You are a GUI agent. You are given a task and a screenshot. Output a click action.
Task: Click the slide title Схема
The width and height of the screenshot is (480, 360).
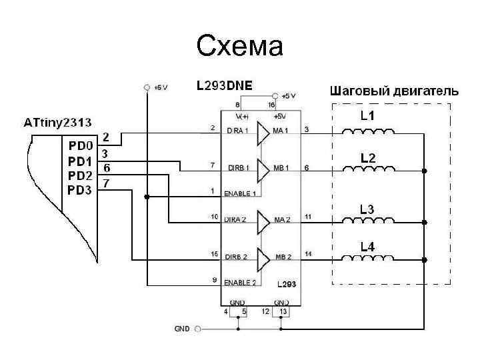(x=240, y=46)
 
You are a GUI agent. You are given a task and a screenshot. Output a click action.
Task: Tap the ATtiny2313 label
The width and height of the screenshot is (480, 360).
(x=57, y=123)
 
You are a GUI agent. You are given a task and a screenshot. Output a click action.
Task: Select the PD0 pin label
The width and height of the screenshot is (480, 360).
(x=82, y=143)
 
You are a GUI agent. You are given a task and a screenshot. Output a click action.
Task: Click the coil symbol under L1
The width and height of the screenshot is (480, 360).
(x=368, y=131)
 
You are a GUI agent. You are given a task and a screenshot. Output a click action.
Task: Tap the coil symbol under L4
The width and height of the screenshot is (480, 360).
(x=368, y=259)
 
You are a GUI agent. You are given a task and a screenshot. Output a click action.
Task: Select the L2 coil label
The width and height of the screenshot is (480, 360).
(x=368, y=158)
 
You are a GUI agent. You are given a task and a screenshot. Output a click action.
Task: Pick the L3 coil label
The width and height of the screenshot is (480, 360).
(x=368, y=209)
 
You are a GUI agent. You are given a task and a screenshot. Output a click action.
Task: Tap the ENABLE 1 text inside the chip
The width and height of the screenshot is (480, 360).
(x=240, y=193)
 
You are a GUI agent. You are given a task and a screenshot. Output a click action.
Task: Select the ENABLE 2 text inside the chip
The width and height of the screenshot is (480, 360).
(x=240, y=283)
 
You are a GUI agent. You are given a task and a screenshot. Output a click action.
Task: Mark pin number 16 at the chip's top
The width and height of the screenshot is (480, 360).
(x=271, y=105)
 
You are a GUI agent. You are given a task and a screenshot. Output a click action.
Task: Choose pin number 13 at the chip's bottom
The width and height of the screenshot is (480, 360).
(x=284, y=311)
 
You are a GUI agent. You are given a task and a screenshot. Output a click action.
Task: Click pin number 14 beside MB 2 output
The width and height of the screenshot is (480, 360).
(x=308, y=254)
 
